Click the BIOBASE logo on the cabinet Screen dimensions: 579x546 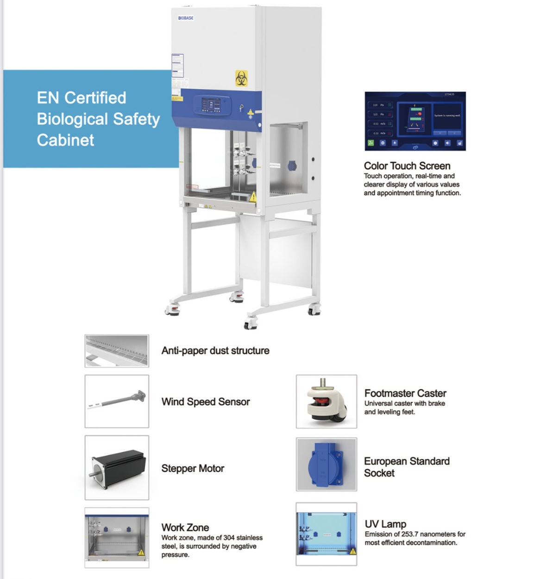coord(186,18)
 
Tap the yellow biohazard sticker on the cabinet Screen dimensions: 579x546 coord(241,78)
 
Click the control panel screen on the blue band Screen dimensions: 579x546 coord(212,105)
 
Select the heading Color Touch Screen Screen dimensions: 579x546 coord(407,166)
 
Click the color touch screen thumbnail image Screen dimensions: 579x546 coord(415,121)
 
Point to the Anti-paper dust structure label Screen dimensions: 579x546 coord(215,351)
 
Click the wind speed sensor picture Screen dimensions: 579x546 coord(117,401)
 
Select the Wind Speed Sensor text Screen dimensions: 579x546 coord(206,402)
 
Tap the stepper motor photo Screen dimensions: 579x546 coord(117,467)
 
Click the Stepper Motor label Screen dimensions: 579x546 coord(193,469)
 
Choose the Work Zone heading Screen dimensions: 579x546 coord(185,528)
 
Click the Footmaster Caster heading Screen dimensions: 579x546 coord(405,394)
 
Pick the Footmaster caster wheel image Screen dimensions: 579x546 coord(326,401)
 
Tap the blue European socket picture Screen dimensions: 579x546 coord(326,464)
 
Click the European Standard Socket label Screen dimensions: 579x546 coord(407,467)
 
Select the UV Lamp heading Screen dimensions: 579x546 coord(385,524)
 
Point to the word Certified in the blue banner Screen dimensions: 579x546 coord(95,98)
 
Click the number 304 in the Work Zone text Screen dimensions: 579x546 coord(229,538)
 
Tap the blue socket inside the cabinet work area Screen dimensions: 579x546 coord(292,165)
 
